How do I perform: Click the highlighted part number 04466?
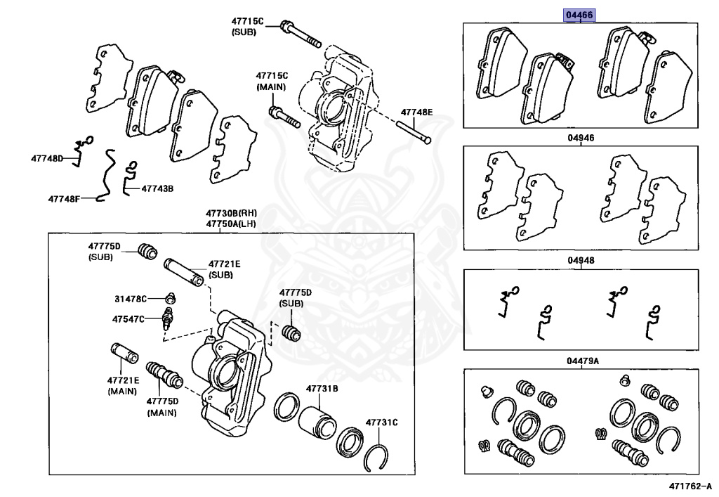(581, 14)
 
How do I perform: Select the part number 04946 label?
(581, 138)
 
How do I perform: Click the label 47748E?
(417, 112)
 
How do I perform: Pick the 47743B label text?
(157, 188)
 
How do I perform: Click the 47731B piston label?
(322, 389)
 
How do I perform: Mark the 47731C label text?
(381, 422)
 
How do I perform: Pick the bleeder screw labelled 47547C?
(168, 317)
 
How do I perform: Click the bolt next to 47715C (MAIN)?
(284, 117)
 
